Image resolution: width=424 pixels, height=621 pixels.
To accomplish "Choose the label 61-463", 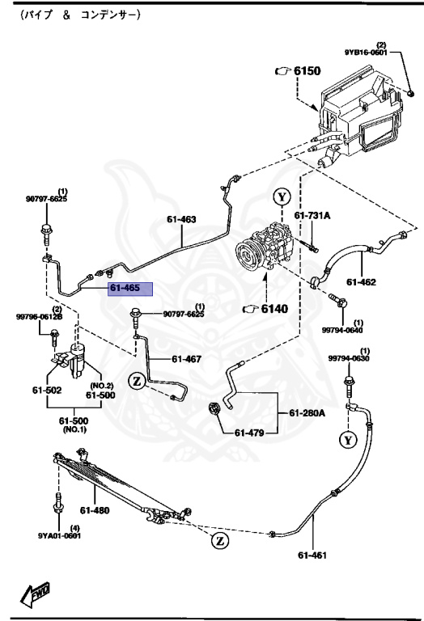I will coord(182,219).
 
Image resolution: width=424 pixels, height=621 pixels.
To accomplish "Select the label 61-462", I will coord(362,282).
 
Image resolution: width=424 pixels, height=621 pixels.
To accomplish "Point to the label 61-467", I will coord(187,359).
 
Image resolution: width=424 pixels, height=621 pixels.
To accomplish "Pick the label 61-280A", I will coord(307,413).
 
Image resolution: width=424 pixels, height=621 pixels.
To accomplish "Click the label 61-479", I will coord(250,433).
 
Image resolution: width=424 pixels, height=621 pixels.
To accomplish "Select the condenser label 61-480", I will coord(94,510).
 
